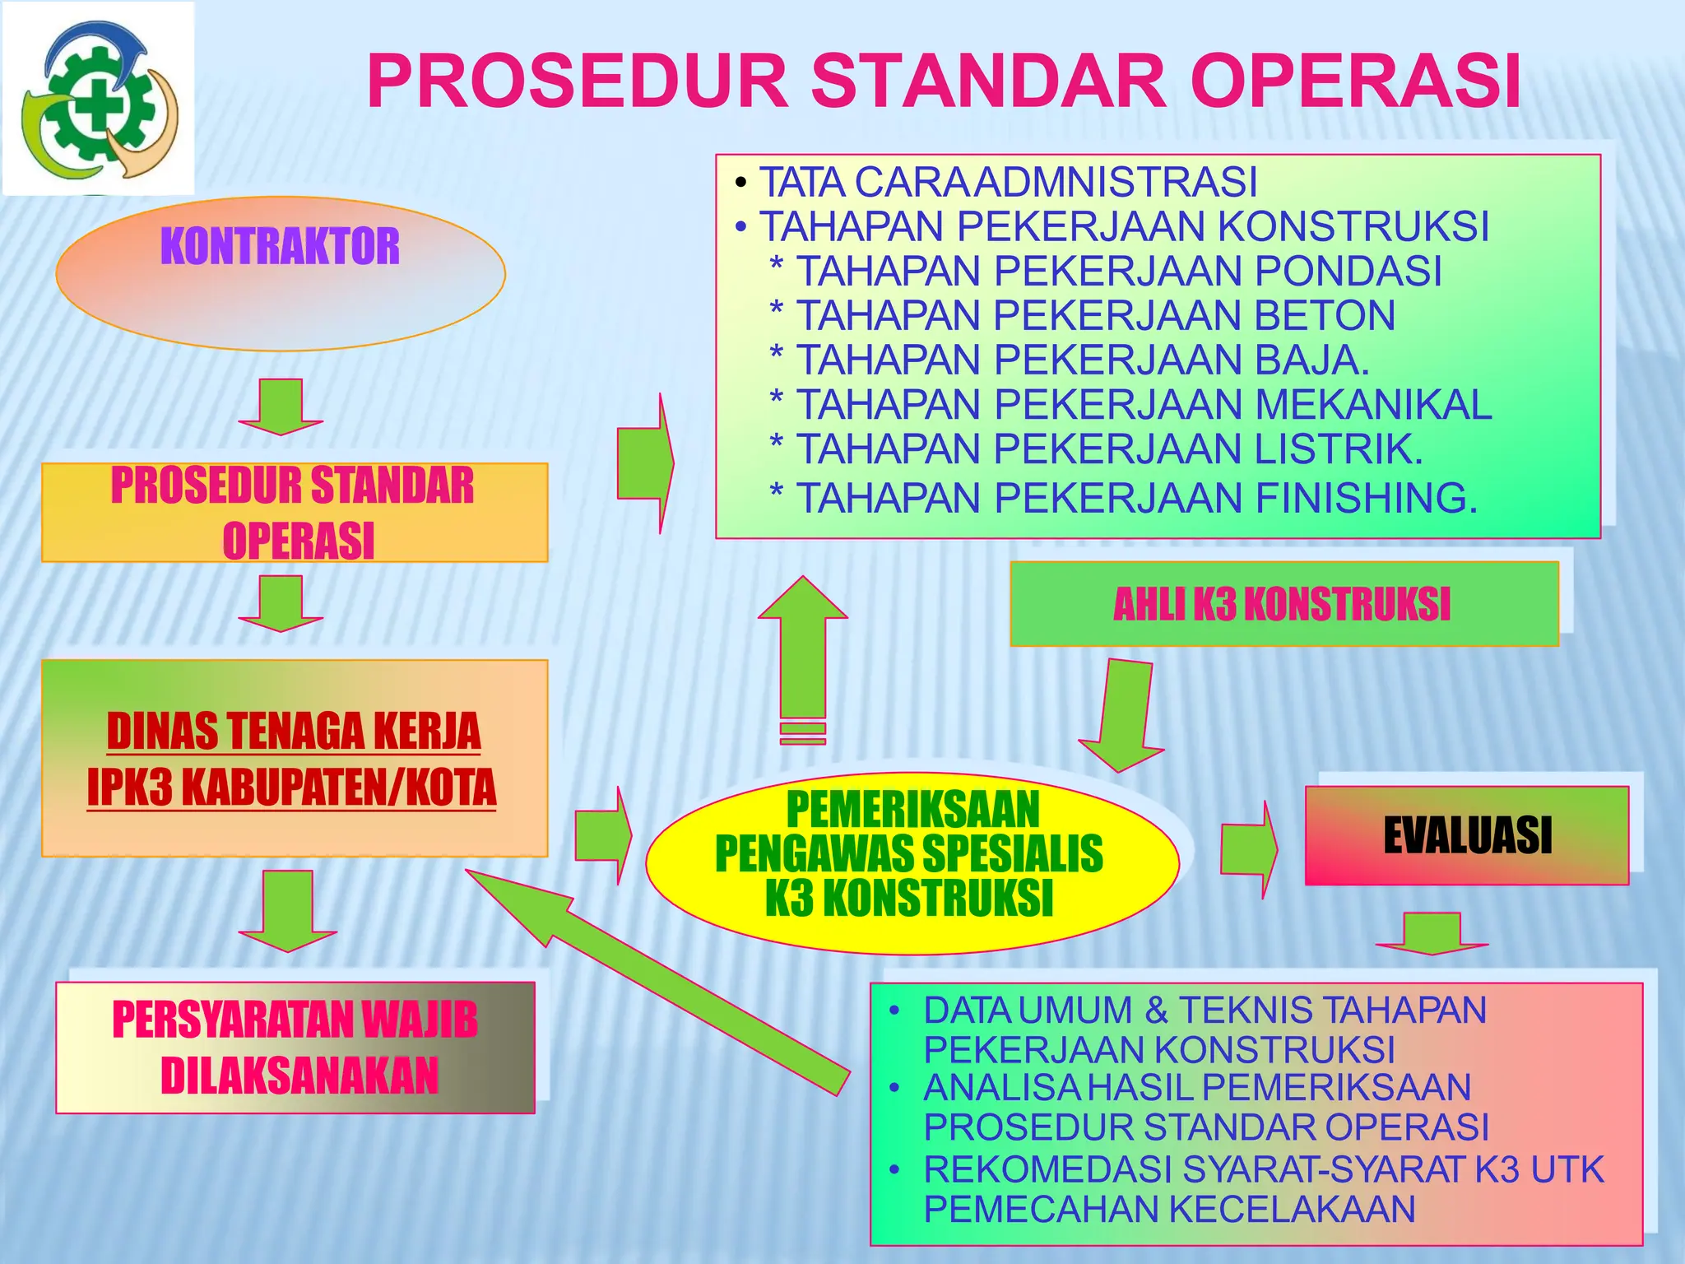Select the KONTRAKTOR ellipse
(281, 274)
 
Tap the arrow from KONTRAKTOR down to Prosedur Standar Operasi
(281, 406)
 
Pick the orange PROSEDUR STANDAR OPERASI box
(295, 513)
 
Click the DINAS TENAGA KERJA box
(295, 758)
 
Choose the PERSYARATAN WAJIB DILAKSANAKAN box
(295, 1048)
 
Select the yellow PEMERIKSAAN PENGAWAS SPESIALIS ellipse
(912, 862)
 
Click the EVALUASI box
(1467, 836)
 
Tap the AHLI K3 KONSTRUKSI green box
(1283, 604)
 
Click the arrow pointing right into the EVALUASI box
(1249, 849)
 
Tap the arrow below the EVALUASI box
(1432, 933)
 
